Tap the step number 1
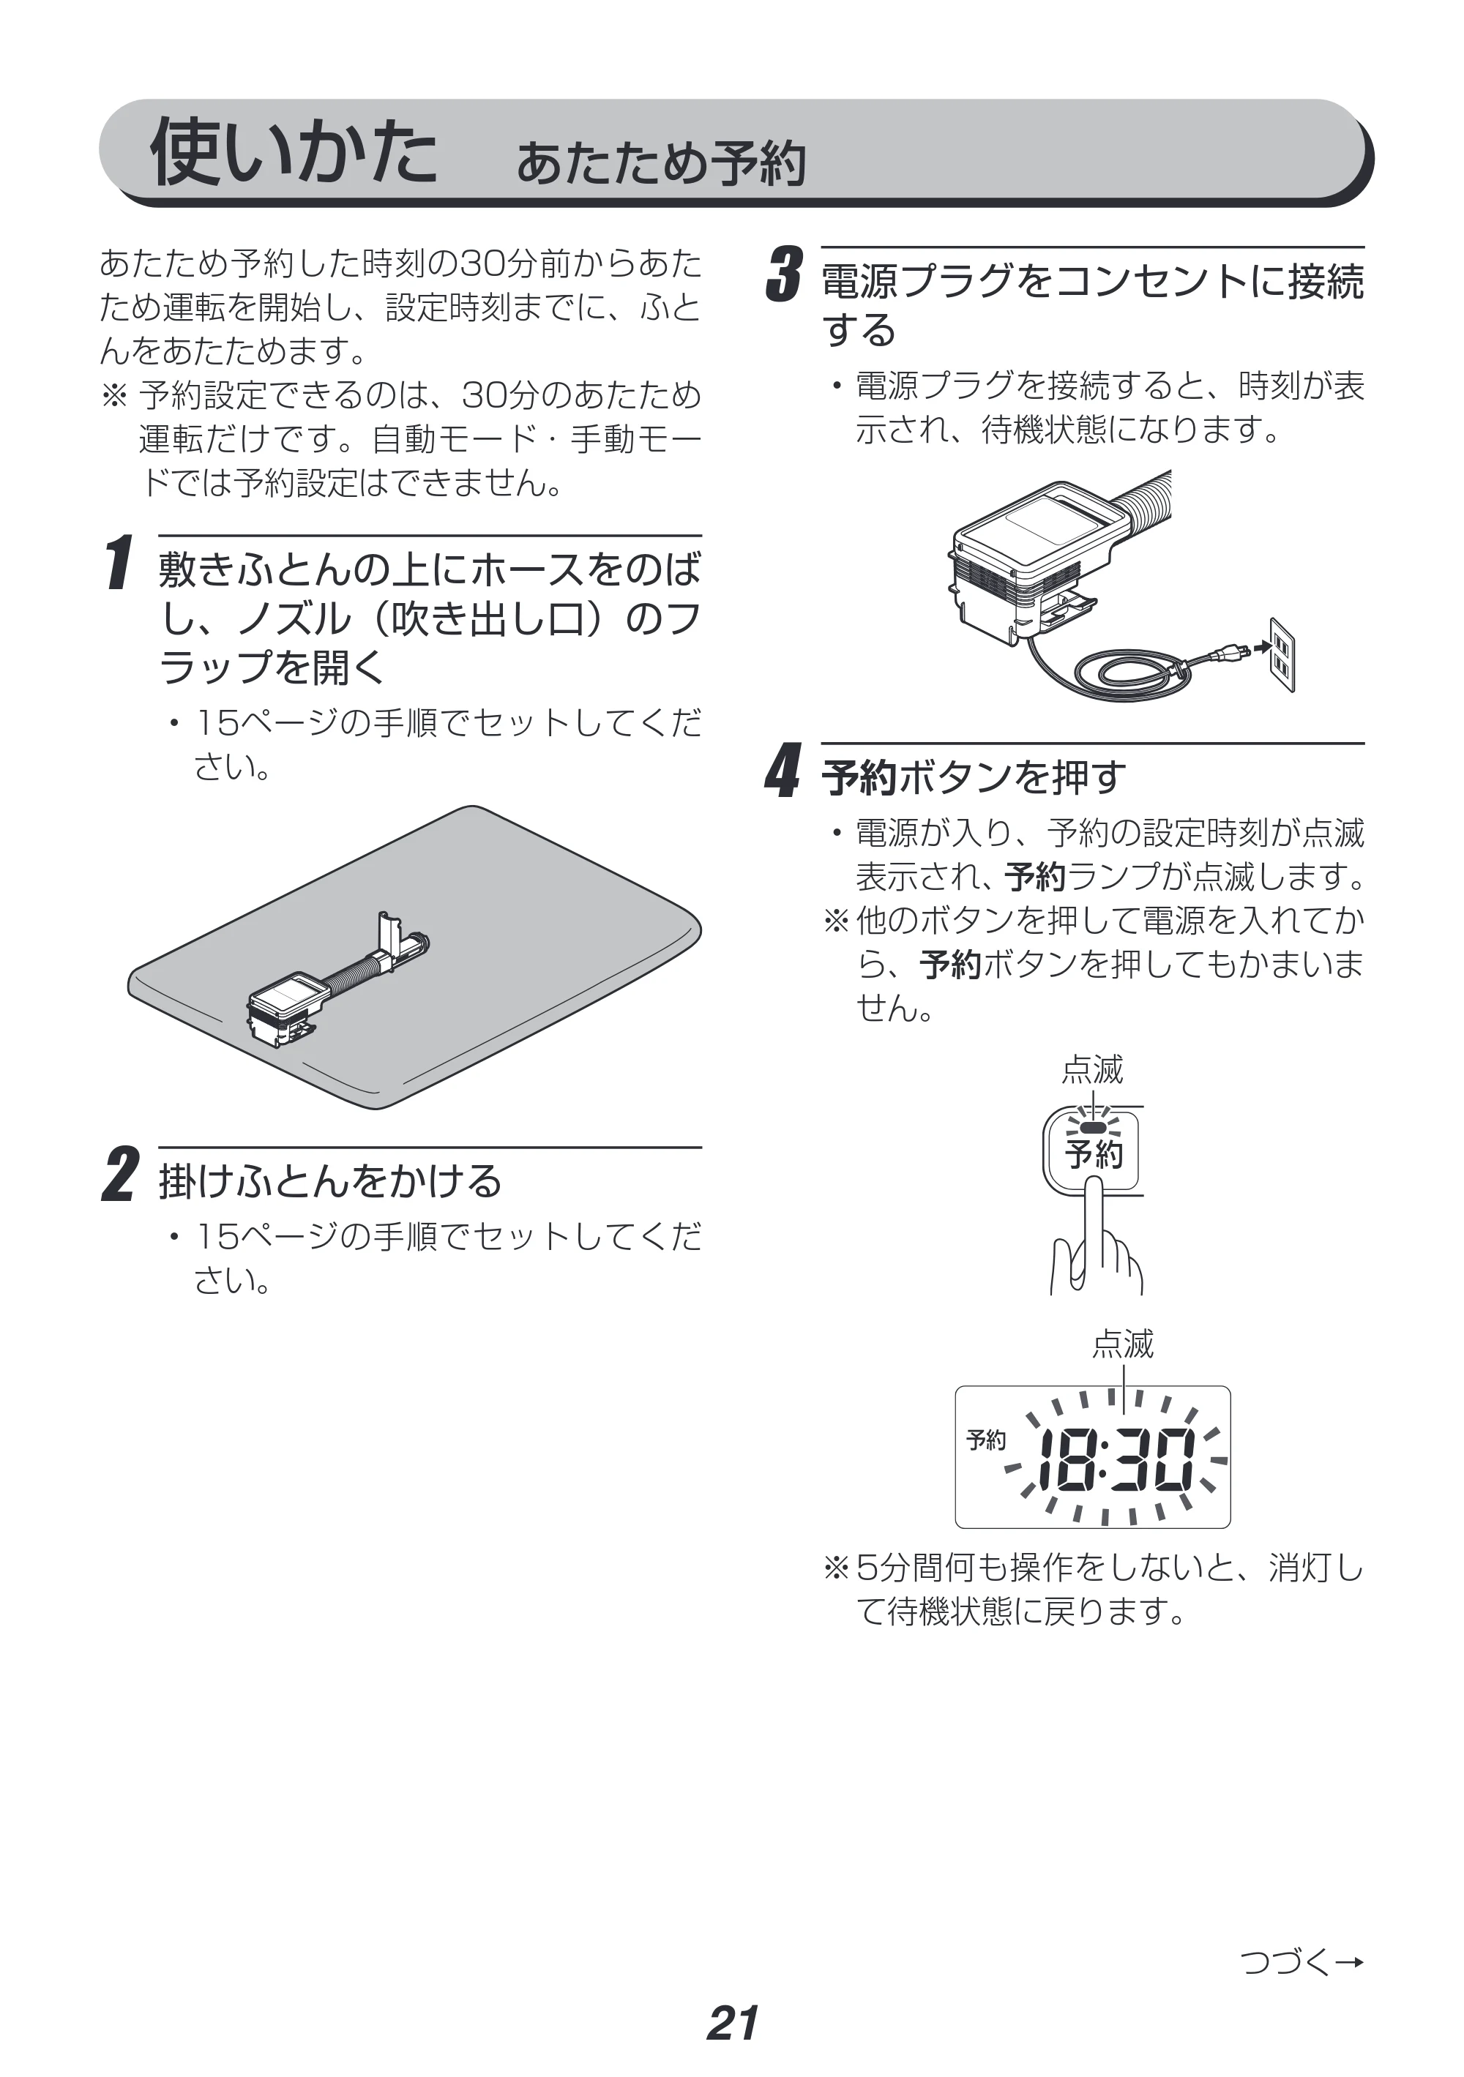119,563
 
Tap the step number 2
120,1175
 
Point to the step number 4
783,771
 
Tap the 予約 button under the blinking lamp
1093,1153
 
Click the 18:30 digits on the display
1116,1460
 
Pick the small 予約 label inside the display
985,1440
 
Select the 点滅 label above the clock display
1123,1344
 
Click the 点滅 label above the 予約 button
1092,1069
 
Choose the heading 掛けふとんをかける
330,1180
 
